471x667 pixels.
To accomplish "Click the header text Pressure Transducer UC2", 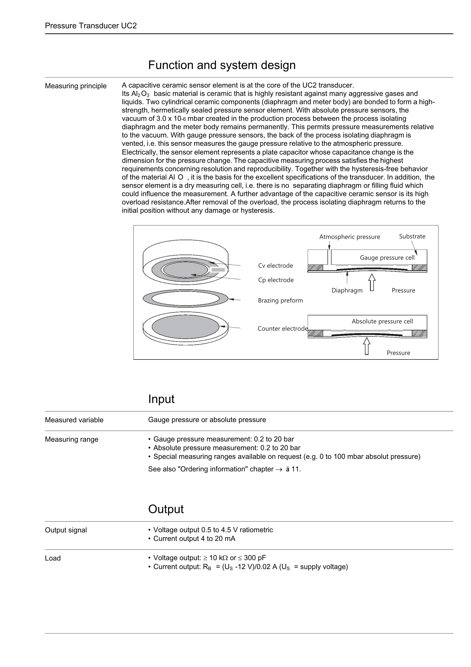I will [91, 26].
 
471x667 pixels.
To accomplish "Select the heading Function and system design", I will [222, 65].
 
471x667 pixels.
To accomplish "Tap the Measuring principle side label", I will [76, 86].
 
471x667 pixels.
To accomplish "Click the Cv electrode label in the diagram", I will [275, 265].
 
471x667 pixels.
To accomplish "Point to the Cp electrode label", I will [276, 280].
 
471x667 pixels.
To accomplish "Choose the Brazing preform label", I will [280, 300].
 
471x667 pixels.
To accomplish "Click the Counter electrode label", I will [282, 329].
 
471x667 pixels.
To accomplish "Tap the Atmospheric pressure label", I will [349, 237].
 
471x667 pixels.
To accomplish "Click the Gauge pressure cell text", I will [387, 258].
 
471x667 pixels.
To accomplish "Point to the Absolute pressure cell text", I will [382, 321].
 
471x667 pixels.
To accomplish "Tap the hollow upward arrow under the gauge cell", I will [372, 282].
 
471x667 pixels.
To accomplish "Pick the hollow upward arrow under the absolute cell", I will [367, 346].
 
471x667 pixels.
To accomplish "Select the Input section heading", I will [161, 399].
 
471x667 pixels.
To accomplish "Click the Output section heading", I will [166, 509].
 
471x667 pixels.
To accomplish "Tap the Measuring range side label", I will [71, 439].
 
